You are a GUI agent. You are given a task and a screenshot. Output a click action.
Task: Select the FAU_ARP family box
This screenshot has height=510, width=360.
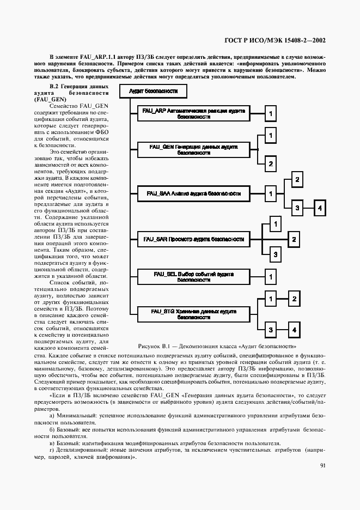[193, 113]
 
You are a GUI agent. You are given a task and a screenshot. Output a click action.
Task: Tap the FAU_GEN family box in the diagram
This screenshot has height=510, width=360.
[193, 150]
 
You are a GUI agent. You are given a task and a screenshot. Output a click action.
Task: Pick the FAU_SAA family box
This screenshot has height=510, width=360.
[193, 193]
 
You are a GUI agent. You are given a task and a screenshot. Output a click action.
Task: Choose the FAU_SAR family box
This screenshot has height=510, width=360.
[193, 239]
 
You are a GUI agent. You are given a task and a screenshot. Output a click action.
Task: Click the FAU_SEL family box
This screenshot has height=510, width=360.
[193, 277]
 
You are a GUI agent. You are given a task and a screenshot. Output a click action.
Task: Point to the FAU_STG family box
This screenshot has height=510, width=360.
[193, 313]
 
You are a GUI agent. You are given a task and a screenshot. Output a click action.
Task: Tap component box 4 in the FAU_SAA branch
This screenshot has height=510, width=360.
[321, 208]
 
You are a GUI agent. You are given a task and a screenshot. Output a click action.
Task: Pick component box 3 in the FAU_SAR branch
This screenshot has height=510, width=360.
[276, 254]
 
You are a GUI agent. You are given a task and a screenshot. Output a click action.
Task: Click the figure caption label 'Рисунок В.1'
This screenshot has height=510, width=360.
[156, 346]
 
